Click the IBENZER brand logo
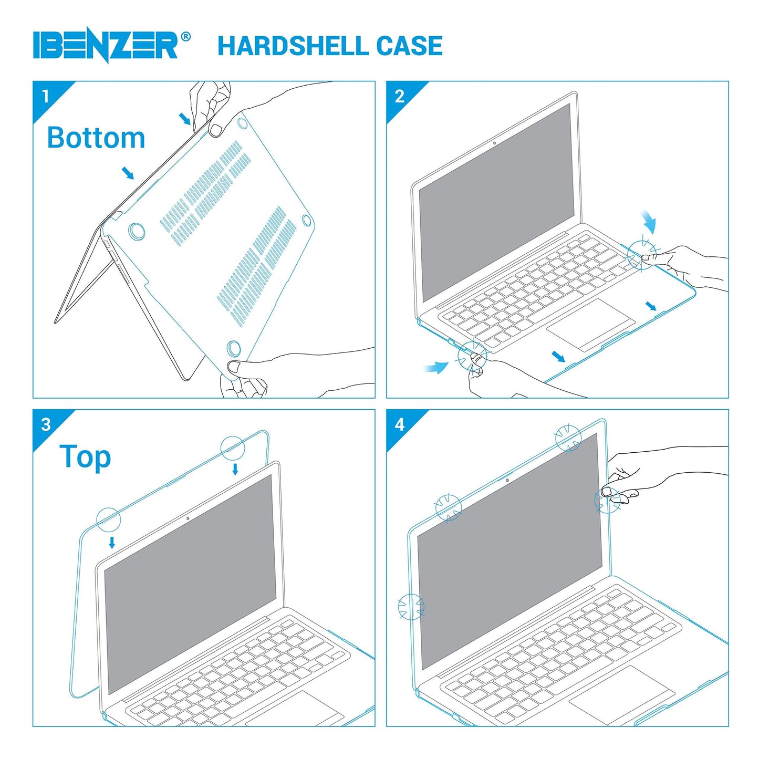pyautogui.click(x=106, y=46)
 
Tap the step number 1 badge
pyautogui.click(x=46, y=96)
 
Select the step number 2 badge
pyautogui.click(x=399, y=96)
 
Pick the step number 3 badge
pyautogui.click(x=46, y=424)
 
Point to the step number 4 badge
pyautogui.click(x=399, y=424)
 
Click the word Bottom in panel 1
pyautogui.click(x=96, y=138)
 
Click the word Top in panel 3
pyautogui.click(x=85, y=456)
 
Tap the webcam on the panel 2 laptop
pyautogui.click(x=494, y=142)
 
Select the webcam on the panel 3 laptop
pyautogui.click(x=188, y=518)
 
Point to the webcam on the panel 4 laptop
pyautogui.click(x=506, y=480)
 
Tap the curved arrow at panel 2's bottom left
pyautogui.click(x=436, y=367)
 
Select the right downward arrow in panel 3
pyautogui.click(x=235, y=469)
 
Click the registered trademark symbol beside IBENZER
pyautogui.click(x=185, y=37)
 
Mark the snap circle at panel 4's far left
pyautogui.click(x=411, y=607)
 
